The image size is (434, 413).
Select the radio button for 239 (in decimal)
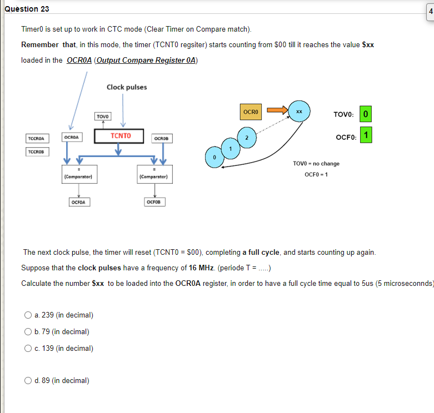(x=27, y=315)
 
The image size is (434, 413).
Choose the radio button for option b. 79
(x=27, y=332)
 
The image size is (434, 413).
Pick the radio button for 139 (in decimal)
(x=27, y=349)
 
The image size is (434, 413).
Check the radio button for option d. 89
(x=27, y=381)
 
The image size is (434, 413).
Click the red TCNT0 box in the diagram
(x=120, y=135)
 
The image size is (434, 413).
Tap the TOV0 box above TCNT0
(x=103, y=117)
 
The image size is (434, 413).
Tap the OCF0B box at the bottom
(x=154, y=202)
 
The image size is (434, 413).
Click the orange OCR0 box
(x=251, y=112)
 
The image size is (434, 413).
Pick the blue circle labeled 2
(x=247, y=138)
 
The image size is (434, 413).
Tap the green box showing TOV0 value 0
(x=365, y=114)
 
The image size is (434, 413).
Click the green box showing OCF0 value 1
(x=365, y=135)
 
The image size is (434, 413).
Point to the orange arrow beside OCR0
(x=276, y=110)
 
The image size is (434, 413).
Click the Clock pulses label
(x=127, y=87)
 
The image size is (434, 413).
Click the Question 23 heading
(x=25, y=9)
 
